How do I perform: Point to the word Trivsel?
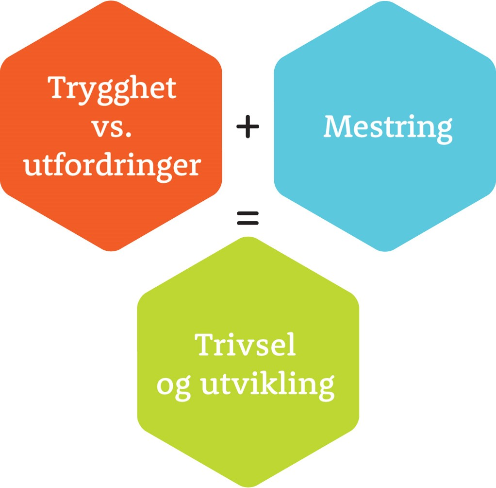(x=246, y=346)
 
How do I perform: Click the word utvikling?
(x=268, y=385)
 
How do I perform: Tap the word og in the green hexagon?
(x=173, y=387)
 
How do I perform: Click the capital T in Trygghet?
(x=58, y=88)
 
